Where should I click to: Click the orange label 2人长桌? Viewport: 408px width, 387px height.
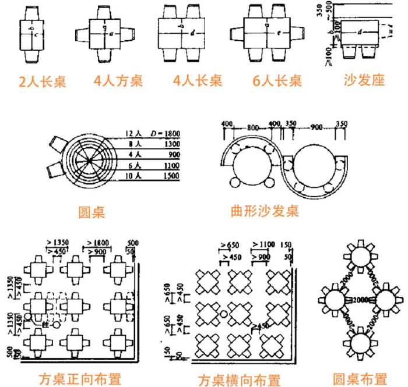pyautogui.click(x=43, y=81)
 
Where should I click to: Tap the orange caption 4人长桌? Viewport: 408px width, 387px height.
pyautogui.click(x=198, y=80)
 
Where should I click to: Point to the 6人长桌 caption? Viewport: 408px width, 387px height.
pyautogui.click(x=277, y=81)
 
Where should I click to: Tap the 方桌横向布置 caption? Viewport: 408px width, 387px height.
pyautogui.click(x=239, y=380)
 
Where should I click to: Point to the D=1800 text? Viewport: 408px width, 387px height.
pyautogui.click(x=165, y=134)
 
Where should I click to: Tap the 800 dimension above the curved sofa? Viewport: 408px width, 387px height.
pyautogui.click(x=252, y=126)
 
